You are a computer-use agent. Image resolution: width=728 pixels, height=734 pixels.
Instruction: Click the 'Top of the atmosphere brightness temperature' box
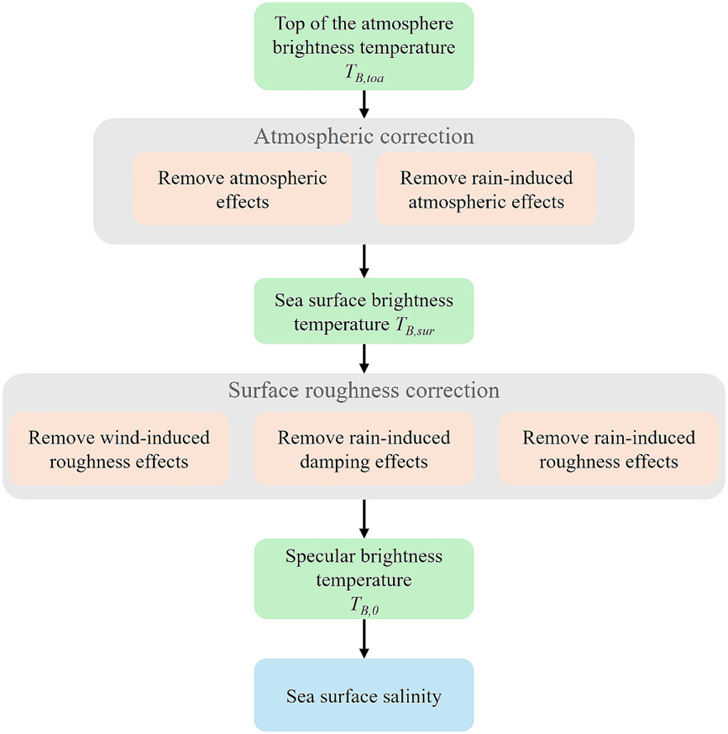click(364, 46)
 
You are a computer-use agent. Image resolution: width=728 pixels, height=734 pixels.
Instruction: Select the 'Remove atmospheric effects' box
click(242, 189)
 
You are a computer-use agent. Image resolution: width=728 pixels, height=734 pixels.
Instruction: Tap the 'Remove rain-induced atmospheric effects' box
click(486, 189)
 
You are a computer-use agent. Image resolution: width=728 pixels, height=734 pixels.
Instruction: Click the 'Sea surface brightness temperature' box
click(364, 311)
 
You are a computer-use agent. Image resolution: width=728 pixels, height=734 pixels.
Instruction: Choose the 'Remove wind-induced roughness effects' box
click(119, 449)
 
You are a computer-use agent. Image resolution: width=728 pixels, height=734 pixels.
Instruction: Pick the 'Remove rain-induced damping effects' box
click(364, 449)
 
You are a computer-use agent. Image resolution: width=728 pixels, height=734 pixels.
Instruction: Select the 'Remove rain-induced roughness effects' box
click(609, 449)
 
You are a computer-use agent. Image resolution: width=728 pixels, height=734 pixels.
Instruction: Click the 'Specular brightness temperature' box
click(364, 578)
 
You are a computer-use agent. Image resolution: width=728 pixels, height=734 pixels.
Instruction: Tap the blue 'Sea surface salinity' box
click(364, 695)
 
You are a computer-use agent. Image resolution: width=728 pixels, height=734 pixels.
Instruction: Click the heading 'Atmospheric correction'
click(364, 137)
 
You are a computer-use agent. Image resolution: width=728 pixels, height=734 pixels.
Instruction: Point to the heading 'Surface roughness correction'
click(364, 391)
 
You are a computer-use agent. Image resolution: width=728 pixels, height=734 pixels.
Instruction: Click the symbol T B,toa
click(365, 74)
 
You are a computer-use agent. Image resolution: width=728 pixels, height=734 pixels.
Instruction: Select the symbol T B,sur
click(415, 326)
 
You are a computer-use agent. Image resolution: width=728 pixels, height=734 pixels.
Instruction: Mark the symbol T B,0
click(365, 606)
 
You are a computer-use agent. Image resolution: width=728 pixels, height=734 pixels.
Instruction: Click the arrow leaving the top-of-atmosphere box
click(364, 104)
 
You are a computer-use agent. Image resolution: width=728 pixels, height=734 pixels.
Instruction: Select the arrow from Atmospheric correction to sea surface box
click(364, 261)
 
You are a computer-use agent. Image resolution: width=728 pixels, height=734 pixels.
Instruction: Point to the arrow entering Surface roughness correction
click(364, 358)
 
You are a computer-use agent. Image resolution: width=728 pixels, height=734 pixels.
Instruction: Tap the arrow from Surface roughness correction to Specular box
click(364, 519)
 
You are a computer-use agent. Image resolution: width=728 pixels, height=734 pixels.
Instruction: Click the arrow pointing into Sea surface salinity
click(364, 639)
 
